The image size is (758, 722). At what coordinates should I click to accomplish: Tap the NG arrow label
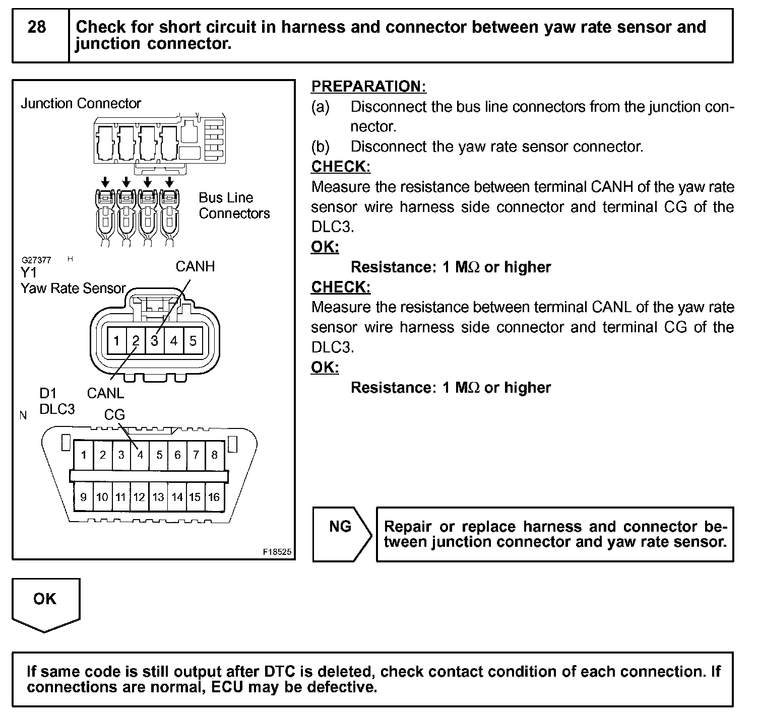[340, 527]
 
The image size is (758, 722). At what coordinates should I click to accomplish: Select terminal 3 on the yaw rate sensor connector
[154, 341]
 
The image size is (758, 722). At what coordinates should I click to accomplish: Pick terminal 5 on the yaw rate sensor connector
[193, 341]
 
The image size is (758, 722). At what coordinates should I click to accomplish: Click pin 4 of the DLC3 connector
[140, 455]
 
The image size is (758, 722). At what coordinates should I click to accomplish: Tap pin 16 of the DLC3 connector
[214, 497]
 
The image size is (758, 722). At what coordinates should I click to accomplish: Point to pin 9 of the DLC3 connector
[83, 497]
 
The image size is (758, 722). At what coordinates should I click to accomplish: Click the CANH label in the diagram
[195, 266]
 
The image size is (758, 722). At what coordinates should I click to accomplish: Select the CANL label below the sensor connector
[105, 393]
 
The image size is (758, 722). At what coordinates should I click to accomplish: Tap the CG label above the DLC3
[114, 415]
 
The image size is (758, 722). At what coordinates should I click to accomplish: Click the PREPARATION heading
[368, 87]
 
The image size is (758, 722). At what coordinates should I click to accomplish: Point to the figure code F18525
[277, 552]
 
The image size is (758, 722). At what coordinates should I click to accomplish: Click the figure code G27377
[36, 260]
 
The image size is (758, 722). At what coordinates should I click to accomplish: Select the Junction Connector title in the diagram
[81, 104]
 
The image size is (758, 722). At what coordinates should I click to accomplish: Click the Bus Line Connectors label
[234, 205]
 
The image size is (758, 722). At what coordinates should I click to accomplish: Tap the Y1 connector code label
[29, 273]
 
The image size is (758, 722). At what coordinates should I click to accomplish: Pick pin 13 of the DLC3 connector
[158, 497]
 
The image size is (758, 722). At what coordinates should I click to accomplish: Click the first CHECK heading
[341, 167]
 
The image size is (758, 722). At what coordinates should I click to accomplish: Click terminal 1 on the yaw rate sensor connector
[116, 341]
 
